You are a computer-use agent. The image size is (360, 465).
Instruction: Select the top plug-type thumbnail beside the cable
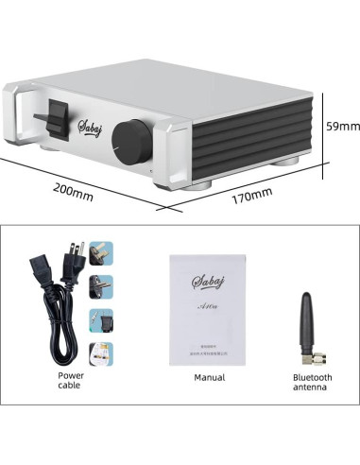click(x=101, y=253)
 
